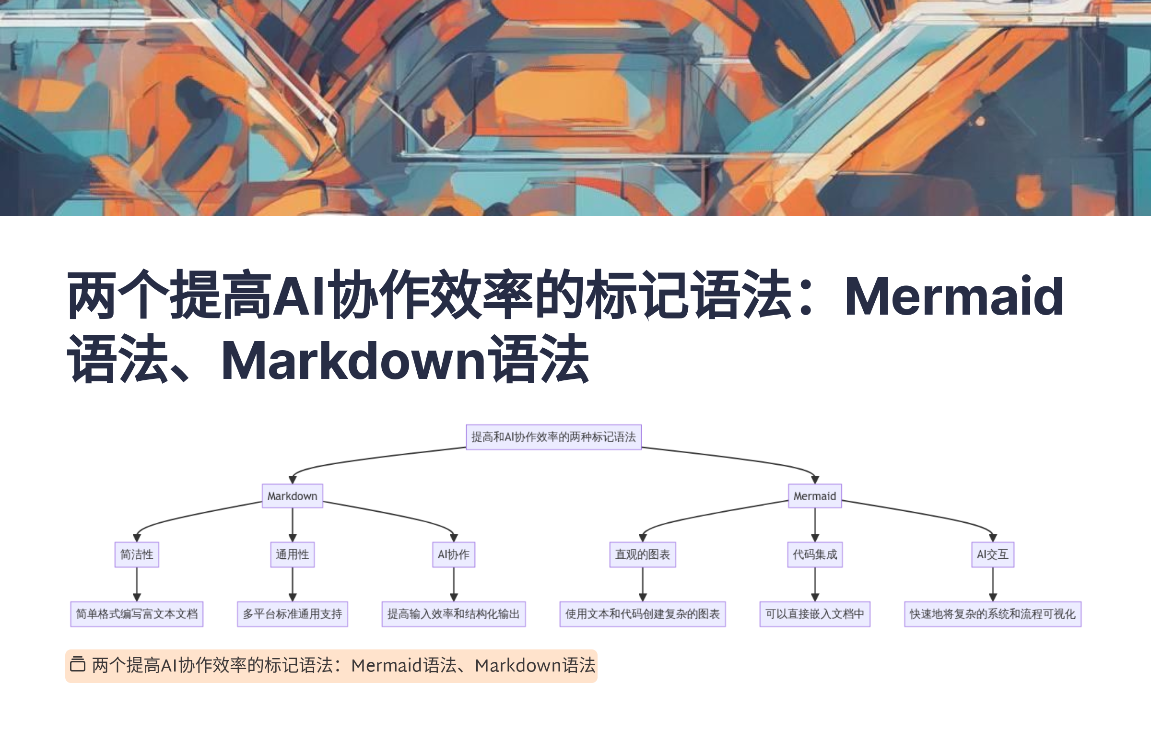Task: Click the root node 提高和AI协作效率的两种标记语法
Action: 553,437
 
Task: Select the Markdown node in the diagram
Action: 292,496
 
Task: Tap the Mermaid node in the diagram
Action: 814,496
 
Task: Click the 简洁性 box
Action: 137,554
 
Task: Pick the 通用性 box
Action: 292,554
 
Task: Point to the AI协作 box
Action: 453,554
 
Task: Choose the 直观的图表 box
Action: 642,554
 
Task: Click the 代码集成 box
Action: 814,554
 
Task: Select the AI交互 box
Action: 992,554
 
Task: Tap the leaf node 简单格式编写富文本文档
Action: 137,614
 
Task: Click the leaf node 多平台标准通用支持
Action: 292,614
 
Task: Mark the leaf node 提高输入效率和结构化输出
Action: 453,614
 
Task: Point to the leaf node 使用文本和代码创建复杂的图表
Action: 642,614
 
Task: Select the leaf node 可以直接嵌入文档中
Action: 814,614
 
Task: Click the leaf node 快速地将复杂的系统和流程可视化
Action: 992,614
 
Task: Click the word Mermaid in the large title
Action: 953,296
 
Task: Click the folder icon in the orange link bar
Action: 78,665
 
